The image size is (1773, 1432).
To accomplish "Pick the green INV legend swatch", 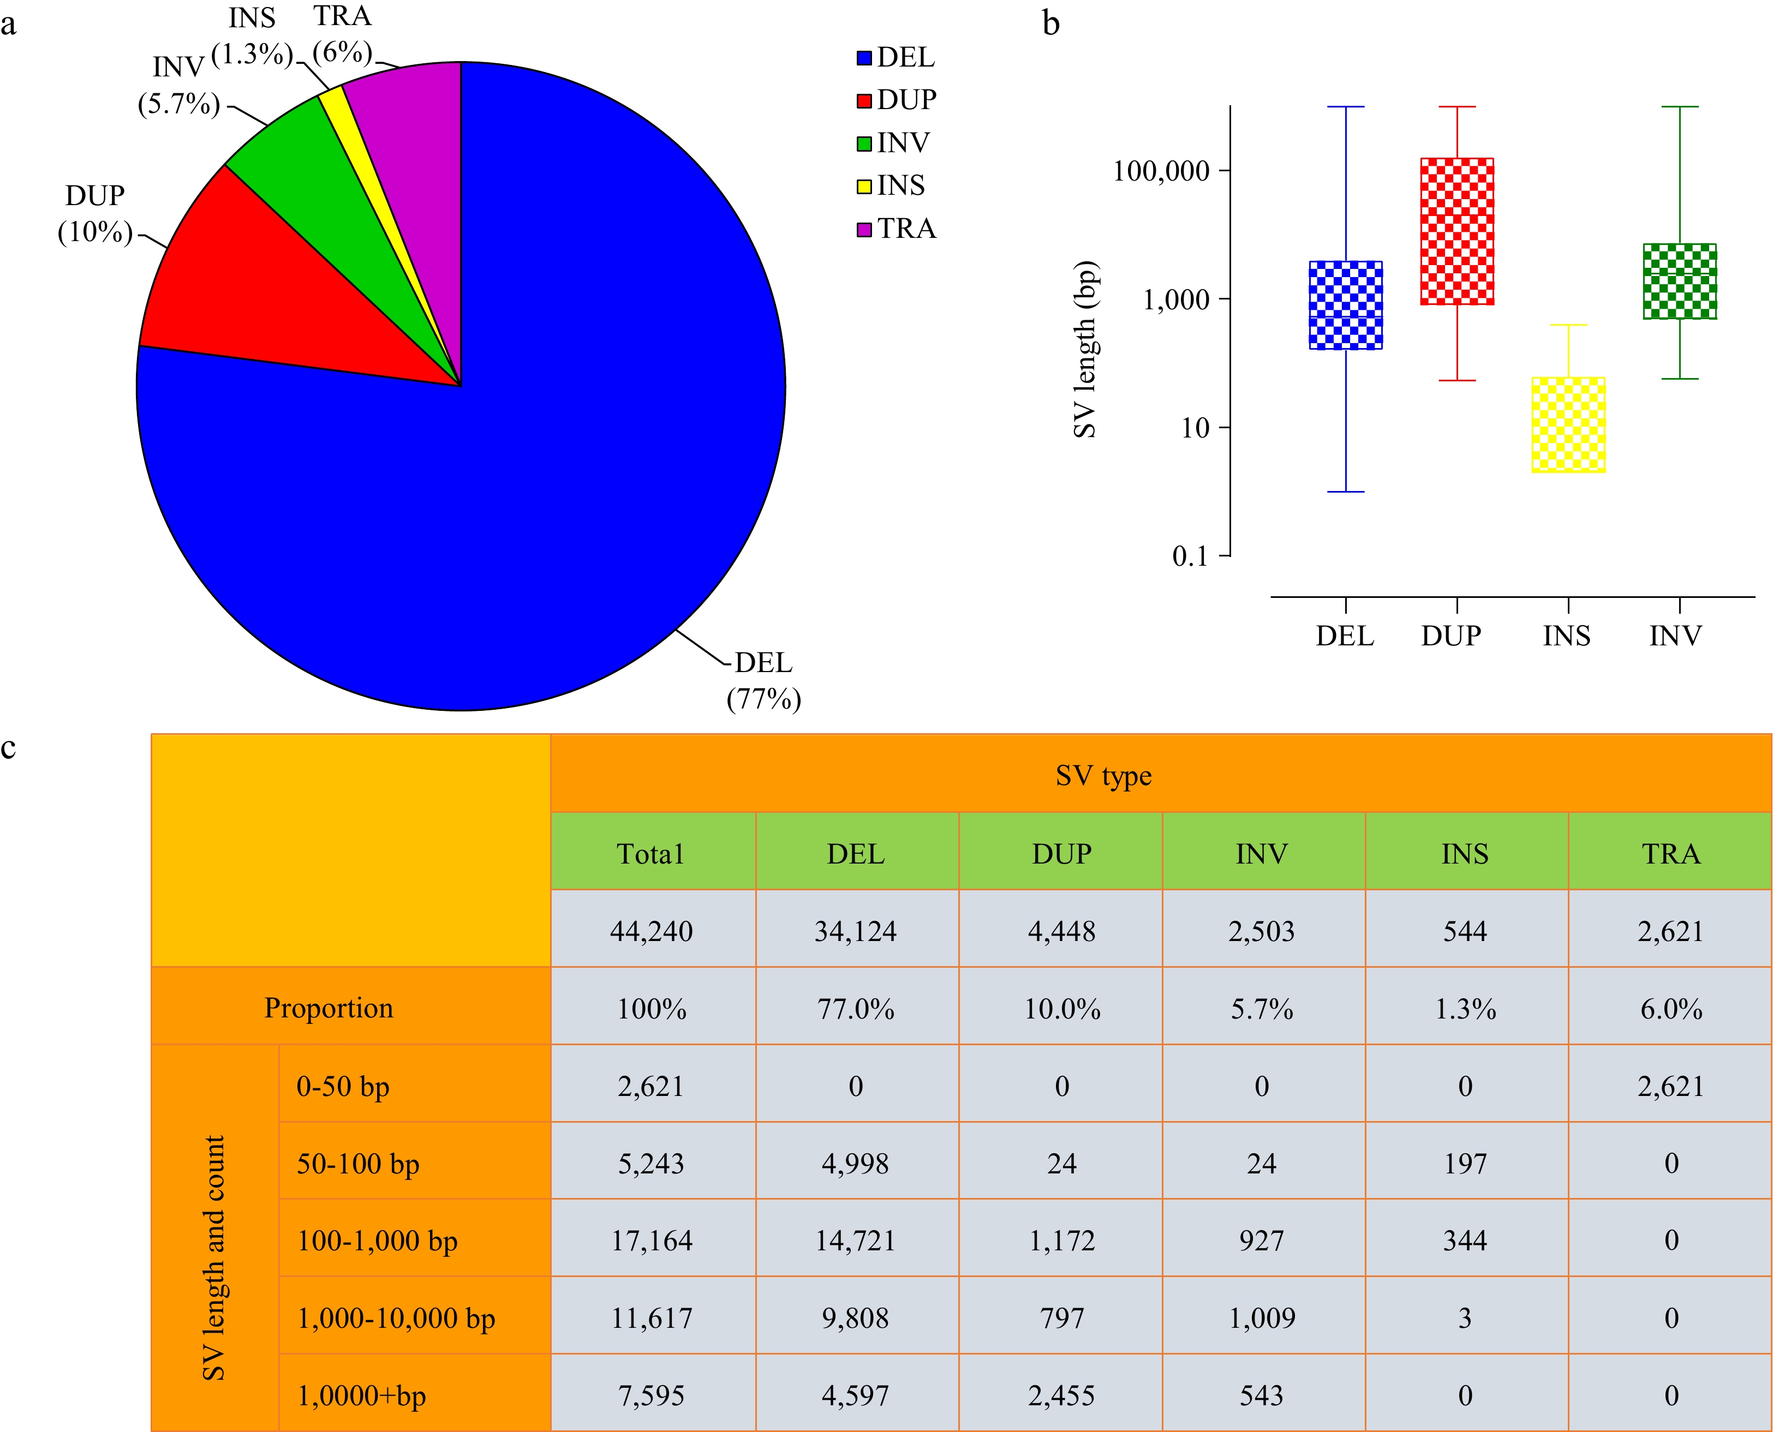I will [864, 143].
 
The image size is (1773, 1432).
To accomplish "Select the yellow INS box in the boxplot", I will [1568, 425].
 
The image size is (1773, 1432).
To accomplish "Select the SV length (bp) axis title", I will [1084, 350].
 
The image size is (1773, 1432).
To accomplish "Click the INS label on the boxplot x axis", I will [1566, 636].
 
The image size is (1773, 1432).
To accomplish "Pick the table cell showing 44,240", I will [651, 931].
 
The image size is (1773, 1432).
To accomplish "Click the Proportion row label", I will [329, 1008].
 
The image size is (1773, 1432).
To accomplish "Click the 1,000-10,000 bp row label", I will [396, 1318].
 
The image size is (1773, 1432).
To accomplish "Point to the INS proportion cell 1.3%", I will [1465, 1009].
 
